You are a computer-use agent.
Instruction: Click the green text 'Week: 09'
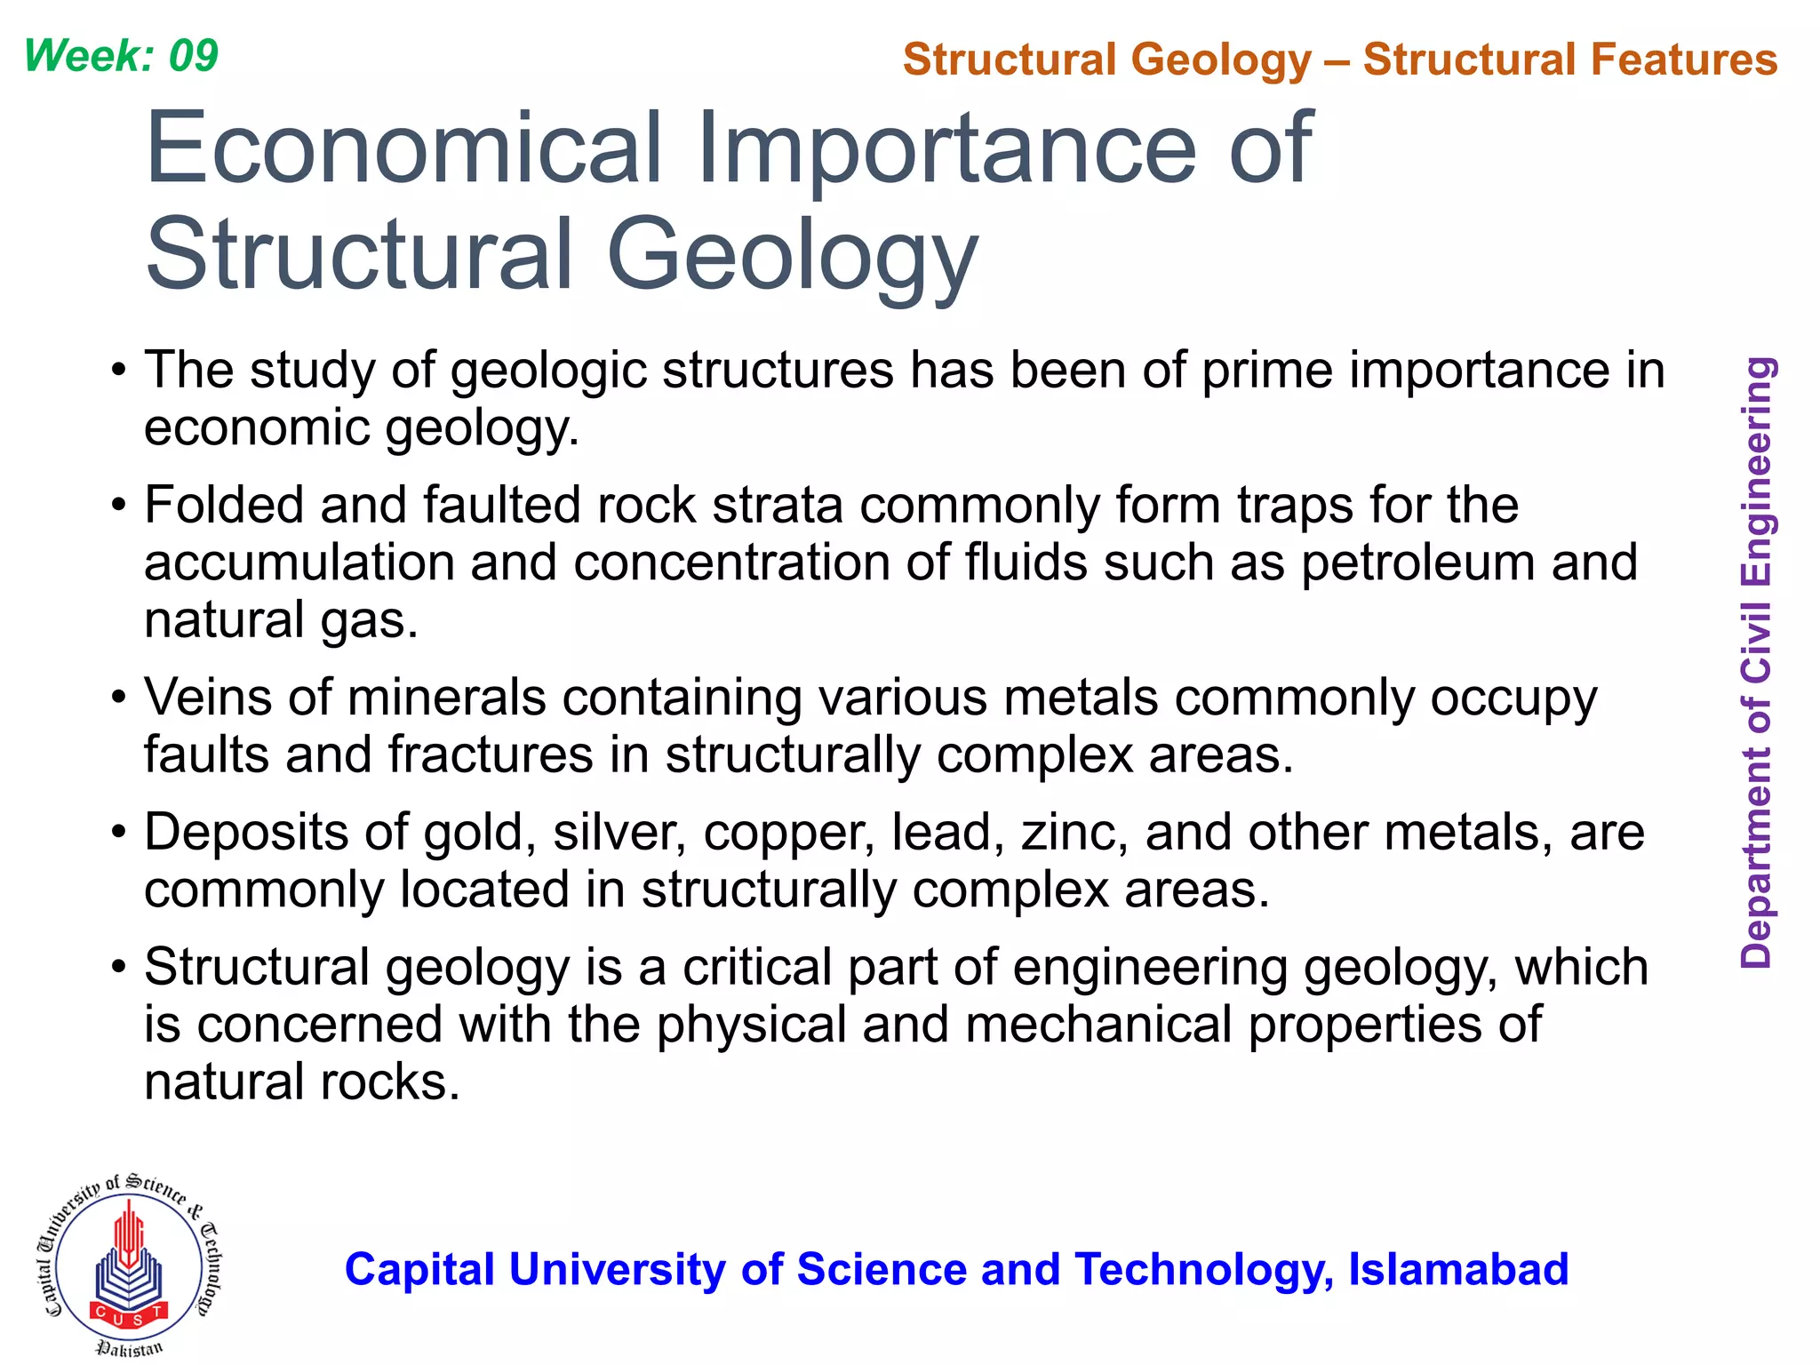point(121,56)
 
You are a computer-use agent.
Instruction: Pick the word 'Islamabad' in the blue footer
point(1458,1269)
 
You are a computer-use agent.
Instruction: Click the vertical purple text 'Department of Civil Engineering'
point(1757,662)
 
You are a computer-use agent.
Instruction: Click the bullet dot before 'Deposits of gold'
point(120,833)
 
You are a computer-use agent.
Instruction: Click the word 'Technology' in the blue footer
point(1203,1270)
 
